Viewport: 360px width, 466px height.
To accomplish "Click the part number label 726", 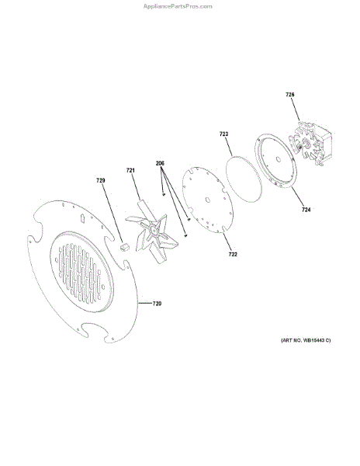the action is pyautogui.click(x=290, y=95).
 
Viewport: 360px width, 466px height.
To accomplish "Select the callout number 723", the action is pyautogui.click(x=223, y=134).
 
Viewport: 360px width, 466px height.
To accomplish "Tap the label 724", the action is pyautogui.click(x=306, y=210).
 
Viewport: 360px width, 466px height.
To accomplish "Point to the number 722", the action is pyautogui.click(x=233, y=255).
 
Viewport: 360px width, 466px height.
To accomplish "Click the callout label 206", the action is pyautogui.click(x=160, y=163).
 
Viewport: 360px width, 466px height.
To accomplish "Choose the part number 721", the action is pyautogui.click(x=130, y=170).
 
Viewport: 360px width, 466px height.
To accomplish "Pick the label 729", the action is pyautogui.click(x=101, y=180).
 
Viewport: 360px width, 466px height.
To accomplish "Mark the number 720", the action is pyautogui.click(x=157, y=304).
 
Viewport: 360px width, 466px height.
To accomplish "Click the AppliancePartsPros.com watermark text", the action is pyautogui.click(x=178, y=6).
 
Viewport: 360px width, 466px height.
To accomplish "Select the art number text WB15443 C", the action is pyautogui.click(x=317, y=340).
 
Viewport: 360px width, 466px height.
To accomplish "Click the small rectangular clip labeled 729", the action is pyautogui.click(x=125, y=247).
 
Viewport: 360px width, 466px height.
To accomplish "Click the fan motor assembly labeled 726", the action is pyautogui.click(x=311, y=143).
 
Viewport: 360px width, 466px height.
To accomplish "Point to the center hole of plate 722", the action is pyautogui.click(x=208, y=200).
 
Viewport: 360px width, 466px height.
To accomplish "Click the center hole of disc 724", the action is pyautogui.click(x=278, y=159).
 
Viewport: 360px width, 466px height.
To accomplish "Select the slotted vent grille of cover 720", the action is pyautogui.click(x=81, y=272).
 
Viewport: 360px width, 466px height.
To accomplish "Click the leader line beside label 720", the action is pyautogui.click(x=145, y=304).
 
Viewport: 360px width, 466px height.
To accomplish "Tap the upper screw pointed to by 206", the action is pyautogui.click(x=164, y=195).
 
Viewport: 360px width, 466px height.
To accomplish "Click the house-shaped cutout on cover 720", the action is pyautogui.click(x=82, y=218).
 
